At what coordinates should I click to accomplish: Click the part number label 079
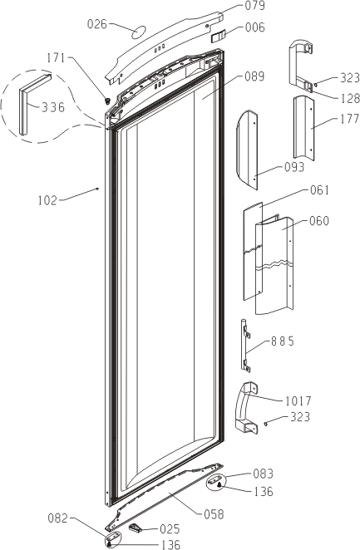(x=254, y=6)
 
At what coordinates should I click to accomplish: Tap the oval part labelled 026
(x=139, y=32)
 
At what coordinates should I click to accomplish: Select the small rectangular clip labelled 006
(x=219, y=36)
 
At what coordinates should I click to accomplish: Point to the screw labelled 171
(x=108, y=101)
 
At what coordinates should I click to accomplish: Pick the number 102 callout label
(x=47, y=200)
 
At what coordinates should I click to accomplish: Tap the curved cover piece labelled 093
(x=247, y=150)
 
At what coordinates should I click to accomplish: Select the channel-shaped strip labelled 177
(x=303, y=128)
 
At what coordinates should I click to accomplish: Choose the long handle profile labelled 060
(x=274, y=267)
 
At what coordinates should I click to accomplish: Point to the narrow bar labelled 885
(x=244, y=346)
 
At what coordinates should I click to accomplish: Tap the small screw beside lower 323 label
(x=267, y=424)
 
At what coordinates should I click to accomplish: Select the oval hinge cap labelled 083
(x=216, y=481)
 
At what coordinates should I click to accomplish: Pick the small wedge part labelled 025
(x=135, y=528)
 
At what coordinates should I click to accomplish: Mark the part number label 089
(x=254, y=76)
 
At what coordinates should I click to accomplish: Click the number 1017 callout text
(x=298, y=400)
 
